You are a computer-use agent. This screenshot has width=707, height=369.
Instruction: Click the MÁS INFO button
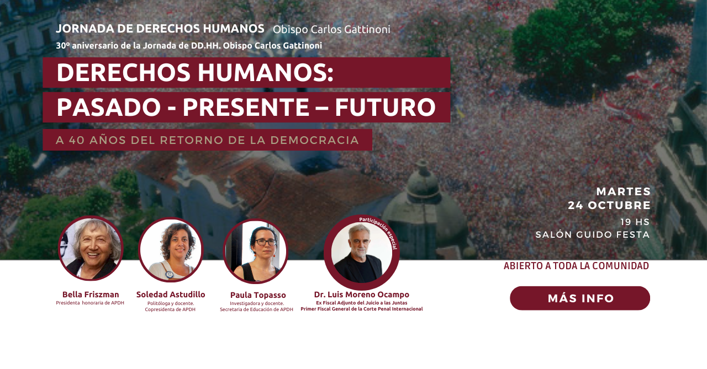pyautogui.click(x=580, y=298)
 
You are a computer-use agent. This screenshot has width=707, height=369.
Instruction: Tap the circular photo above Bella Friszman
pyautogui.click(x=91, y=248)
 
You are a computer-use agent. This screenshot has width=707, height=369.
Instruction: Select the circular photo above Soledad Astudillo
pyautogui.click(x=171, y=249)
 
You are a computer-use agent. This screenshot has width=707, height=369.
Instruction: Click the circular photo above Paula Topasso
pyautogui.click(x=256, y=251)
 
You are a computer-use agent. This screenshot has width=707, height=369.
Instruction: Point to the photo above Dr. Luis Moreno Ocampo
pyautogui.click(x=362, y=253)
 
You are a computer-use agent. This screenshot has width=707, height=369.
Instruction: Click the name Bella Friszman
pyautogui.click(x=91, y=295)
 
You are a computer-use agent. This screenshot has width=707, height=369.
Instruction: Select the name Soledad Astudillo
pyautogui.click(x=171, y=295)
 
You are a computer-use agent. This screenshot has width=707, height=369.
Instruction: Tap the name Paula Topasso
pyautogui.click(x=258, y=295)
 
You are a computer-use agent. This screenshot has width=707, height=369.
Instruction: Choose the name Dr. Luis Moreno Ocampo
pyautogui.click(x=362, y=295)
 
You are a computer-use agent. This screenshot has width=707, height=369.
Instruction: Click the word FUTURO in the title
pyautogui.click(x=385, y=108)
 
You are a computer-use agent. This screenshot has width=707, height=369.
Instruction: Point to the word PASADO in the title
pyautogui.click(x=109, y=108)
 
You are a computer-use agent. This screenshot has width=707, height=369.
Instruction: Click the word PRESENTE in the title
pyautogui.click(x=246, y=108)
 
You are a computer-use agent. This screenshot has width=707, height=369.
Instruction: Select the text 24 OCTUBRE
pyautogui.click(x=609, y=205)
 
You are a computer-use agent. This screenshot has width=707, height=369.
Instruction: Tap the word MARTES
pyautogui.click(x=624, y=191)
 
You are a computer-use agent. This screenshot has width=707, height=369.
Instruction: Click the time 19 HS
pyautogui.click(x=635, y=222)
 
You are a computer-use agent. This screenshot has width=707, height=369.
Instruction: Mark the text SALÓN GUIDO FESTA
pyautogui.click(x=593, y=235)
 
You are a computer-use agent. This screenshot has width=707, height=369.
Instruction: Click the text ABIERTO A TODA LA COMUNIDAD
pyautogui.click(x=576, y=266)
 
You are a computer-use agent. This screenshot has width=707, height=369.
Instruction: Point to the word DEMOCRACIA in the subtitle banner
pyautogui.click(x=315, y=140)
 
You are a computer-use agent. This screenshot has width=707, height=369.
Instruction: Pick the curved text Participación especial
pyautogui.click(x=379, y=232)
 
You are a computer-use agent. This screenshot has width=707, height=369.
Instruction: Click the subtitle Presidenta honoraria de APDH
pyautogui.click(x=90, y=303)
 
